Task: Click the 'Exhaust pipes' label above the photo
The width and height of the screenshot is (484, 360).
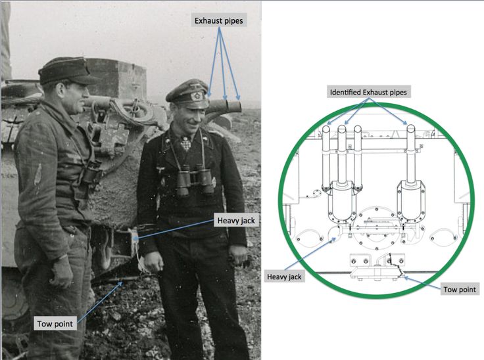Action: (x=218, y=21)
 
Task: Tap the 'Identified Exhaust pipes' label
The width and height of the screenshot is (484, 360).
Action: (x=368, y=93)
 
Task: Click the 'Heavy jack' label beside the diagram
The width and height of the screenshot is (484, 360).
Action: (x=285, y=277)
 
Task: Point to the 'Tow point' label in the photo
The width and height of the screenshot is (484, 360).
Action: (x=55, y=323)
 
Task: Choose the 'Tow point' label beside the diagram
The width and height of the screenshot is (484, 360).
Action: (x=460, y=289)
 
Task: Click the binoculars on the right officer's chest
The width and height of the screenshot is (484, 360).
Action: (x=195, y=179)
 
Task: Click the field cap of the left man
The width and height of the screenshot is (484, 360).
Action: (x=67, y=70)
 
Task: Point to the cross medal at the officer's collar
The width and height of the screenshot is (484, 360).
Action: (x=187, y=143)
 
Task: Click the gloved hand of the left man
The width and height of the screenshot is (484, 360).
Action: (x=62, y=271)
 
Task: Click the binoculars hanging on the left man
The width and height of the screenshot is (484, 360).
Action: (x=89, y=176)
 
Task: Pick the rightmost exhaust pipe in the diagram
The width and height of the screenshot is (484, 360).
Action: (x=410, y=151)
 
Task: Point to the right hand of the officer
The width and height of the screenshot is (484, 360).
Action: (x=153, y=261)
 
